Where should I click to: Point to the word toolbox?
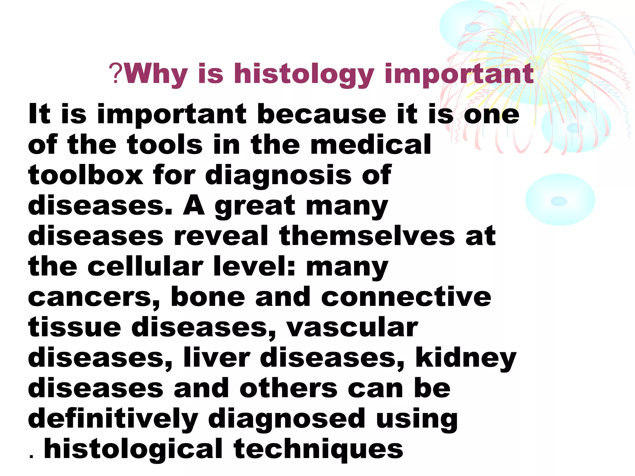(86, 175)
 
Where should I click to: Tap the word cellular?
(145, 266)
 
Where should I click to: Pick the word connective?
(406, 297)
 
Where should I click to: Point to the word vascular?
(352, 327)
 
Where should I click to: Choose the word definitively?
(113, 419)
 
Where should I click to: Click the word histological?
(133, 449)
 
